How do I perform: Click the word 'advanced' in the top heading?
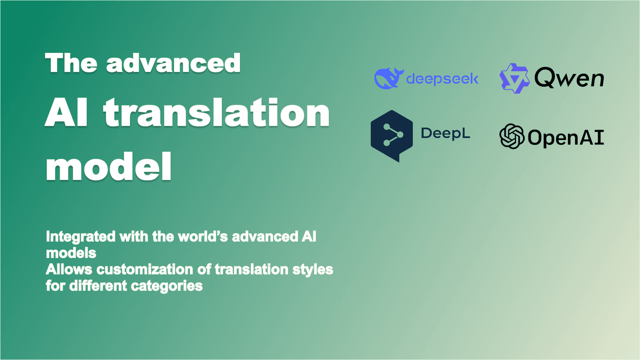(173, 63)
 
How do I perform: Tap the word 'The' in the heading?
(71, 63)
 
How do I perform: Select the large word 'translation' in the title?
(216, 113)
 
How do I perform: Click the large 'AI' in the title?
(66, 113)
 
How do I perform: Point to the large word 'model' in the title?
(109, 167)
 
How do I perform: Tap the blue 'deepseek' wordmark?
(442, 79)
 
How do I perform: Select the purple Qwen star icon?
(514, 78)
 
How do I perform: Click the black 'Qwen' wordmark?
(569, 78)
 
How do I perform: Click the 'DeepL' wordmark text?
(445, 133)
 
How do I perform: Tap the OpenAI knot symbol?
(512, 136)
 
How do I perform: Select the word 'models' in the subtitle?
(71, 253)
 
